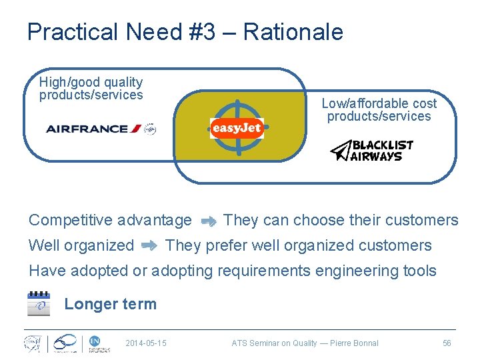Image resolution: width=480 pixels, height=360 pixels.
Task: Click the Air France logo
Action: (100, 129)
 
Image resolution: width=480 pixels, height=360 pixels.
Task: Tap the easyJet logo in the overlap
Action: (237, 127)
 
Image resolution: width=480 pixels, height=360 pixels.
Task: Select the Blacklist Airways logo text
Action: (382, 151)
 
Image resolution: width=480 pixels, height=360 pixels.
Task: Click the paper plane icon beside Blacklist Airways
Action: (341, 151)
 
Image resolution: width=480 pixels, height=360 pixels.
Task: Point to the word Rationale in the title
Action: (293, 32)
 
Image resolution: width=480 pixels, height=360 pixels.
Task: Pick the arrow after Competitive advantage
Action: (208, 221)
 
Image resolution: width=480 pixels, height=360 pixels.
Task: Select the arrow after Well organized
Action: (149, 246)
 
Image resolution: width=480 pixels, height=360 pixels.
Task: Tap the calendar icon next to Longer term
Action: (39, 304)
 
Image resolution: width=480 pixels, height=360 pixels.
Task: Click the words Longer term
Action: (110, 304)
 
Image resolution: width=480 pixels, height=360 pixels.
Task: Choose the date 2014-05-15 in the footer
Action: (146, 343)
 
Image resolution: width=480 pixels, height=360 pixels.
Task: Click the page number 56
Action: (447, 343)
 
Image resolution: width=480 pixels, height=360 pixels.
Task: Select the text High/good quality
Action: (91, 82)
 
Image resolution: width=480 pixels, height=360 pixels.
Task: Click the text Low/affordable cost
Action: (379, 103)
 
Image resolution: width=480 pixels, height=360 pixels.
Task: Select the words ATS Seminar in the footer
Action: (256, 343)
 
